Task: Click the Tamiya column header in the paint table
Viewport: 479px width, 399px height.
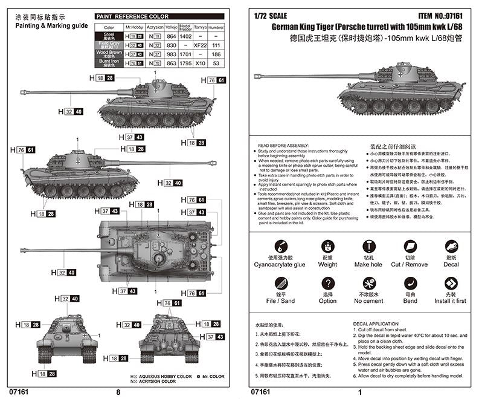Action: pyautogui.click(x=201, y=27)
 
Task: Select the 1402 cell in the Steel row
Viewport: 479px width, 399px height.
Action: pyautogui.click(x=185, y=37)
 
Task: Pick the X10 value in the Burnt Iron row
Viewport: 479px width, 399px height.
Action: pyautogui.click(x=201, y=63)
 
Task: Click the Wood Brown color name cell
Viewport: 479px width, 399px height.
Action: pyautogui.click(x=109, y=54)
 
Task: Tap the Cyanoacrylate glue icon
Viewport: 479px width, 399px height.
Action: pyautogui.click(x=280, y=247)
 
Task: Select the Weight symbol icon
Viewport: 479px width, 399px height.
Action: pyautogui.click(x=328, y=247)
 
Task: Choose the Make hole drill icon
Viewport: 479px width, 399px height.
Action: pyautogui.click(x=368, y=247)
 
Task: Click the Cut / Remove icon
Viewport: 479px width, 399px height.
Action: pyautogui.click(x=410, y=247)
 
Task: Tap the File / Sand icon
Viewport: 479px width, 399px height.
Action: pyautogui.click(x=280, y=283)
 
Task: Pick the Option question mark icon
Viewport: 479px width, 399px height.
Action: pyautogui.click(x=328, y=283)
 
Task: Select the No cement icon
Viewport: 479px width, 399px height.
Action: pyautogui.click(x=368, y=283)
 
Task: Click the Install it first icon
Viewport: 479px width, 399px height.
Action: pyautogui.click(x=451, y=283)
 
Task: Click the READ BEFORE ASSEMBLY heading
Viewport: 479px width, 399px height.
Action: pyautogui.click(x=283, y=146)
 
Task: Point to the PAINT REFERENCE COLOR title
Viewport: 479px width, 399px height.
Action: pyautogui.click(x=133, y=17)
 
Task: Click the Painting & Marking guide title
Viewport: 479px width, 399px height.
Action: pyautogui.click(x=51, y=27)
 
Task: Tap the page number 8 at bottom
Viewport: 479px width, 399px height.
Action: pyautogui.click(x=118, y=392)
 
